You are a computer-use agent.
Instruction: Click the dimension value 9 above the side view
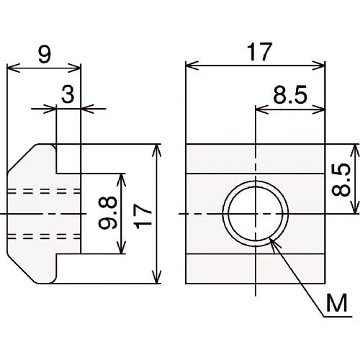click(45, 55)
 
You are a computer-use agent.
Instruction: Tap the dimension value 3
click(68, 95)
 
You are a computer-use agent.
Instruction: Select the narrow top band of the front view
click(256, 158)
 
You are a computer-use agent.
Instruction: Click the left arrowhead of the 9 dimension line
click(11, 70)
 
